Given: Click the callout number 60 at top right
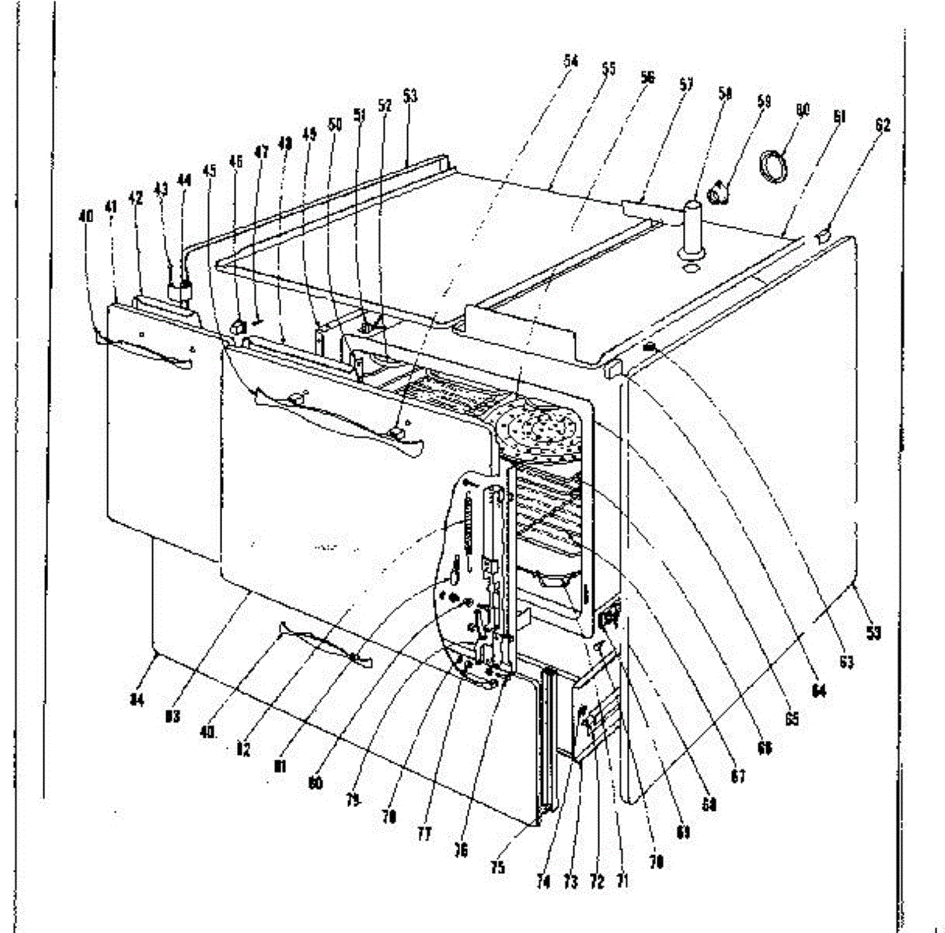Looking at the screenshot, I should click(x=802, y=111).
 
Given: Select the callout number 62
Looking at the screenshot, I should click(x=882, y=125).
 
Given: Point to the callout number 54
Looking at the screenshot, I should click(x=571, y=61).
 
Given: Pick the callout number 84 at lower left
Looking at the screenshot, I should click(x=137, y=699).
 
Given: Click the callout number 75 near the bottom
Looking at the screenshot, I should click(x=497, y=868).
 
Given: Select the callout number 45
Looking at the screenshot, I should click(x=208, y=169).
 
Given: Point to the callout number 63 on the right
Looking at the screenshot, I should click(x=846, y=663).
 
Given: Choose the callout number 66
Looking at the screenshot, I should click(x=763, y=746).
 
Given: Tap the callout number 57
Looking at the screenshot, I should click(x=686, y=84).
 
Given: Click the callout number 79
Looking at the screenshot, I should click(x=352, y=801).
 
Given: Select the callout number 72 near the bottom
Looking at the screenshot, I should click(x=597, y=881).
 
